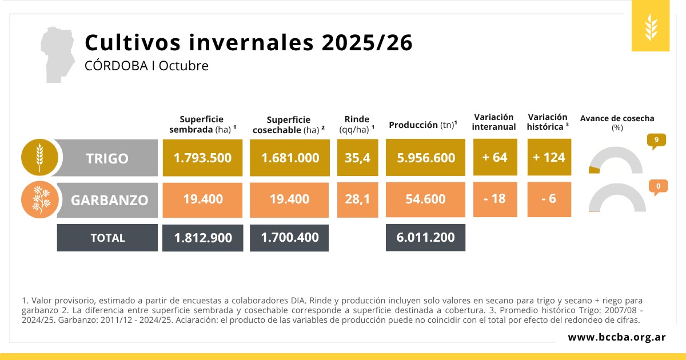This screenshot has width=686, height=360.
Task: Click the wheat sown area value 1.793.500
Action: tap(202, 158)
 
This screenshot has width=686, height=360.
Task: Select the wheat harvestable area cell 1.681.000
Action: tap(290, 158)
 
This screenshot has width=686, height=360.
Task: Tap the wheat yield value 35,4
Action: tap(357, 158)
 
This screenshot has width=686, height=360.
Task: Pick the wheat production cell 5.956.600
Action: tap(425, 158)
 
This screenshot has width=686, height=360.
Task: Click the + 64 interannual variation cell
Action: tap(494, 157)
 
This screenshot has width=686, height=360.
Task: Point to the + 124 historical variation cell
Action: tap(549, 157)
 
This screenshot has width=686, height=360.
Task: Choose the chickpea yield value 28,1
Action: tap(357, 199)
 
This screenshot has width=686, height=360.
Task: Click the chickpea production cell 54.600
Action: tap(425, 199)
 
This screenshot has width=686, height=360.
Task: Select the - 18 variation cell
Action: tap(494, 199)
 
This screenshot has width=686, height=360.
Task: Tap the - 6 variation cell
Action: tap(549, 199)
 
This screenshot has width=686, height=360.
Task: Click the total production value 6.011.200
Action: tap(425, 237)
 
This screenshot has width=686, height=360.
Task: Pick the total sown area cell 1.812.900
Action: tap(202, 238)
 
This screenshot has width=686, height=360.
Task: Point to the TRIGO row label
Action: tap(107, 158)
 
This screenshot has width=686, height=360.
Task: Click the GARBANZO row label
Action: tap(109, 200)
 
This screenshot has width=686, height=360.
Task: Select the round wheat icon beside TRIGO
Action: tap(39, 157)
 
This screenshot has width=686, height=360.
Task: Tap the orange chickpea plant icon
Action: tap(39, 199)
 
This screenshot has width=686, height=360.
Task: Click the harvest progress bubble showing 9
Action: tap(657, 140)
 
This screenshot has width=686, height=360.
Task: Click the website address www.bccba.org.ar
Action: tap(616, 337)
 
